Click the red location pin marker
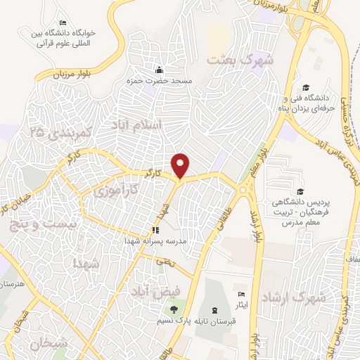click(x=181, y=165)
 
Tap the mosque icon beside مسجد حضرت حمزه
click(x=160, y=70)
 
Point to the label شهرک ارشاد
click(x=294, y=297)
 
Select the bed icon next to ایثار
click(x=242, y=295)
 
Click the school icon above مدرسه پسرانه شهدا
click(x=156, y=230)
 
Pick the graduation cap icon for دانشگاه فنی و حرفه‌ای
click(x=306, y=87)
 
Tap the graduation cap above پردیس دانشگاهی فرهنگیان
click(x=300, y=191)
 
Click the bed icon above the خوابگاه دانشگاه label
click(x=63, y=23)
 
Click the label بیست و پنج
click(x=32, y=226)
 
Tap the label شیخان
click(x=51, y=345)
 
